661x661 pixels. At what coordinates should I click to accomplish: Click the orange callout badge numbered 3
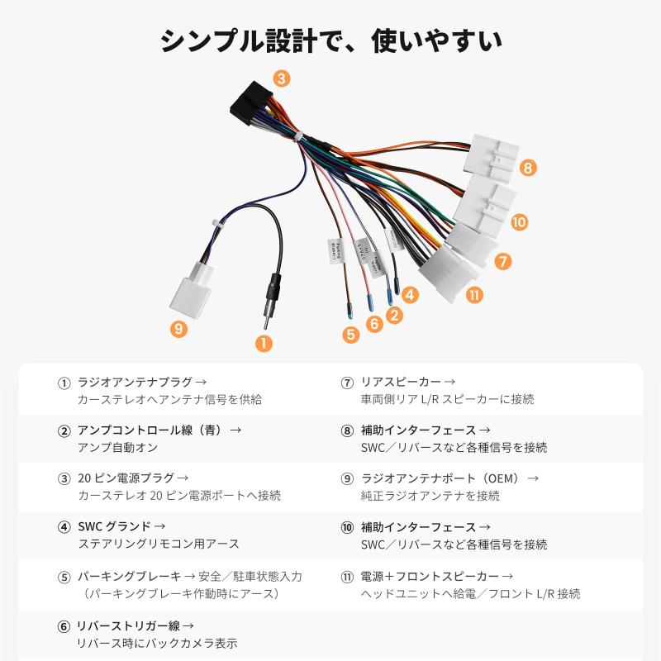[282, 79]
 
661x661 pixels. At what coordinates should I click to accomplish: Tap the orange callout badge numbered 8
[529, 168]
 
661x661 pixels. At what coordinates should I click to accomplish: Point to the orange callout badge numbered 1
[264, 342]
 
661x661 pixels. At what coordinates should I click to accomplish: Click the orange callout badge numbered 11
[473, 294]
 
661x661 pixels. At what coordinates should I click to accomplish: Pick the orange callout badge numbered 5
[351, 335]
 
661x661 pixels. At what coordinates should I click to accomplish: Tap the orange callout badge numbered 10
[519, 221]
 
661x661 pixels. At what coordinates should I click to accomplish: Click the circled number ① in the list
[64, 383]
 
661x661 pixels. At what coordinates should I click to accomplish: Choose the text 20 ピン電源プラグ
[126, 478]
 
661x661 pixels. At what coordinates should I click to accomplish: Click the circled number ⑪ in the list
[347, 576]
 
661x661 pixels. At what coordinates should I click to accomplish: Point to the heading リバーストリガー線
[136, 625]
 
